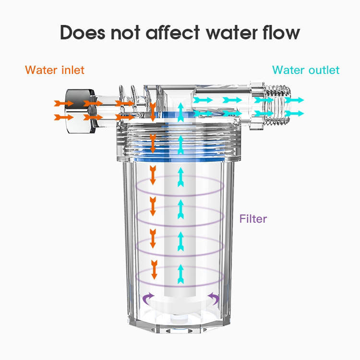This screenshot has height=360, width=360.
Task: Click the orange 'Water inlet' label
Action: coord(55,70)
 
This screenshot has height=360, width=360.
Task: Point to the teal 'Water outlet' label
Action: coord(306,70)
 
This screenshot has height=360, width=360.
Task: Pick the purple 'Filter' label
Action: coord(253,219)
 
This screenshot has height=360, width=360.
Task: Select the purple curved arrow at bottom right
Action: coord(214,299)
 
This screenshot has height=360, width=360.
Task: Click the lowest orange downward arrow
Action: coord(154,270)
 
